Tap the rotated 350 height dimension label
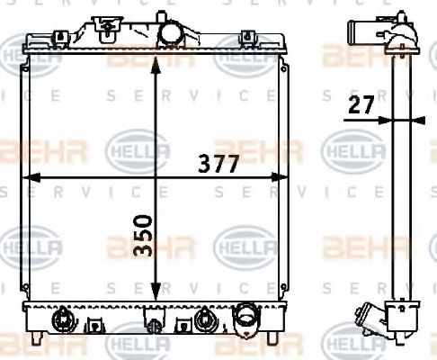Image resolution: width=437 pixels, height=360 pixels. point(144,236)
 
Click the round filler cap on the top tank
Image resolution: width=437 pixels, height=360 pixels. point(172,31)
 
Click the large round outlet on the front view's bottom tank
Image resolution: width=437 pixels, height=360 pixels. point(245,319)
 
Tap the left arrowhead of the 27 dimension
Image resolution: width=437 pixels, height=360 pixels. point(386,120)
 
